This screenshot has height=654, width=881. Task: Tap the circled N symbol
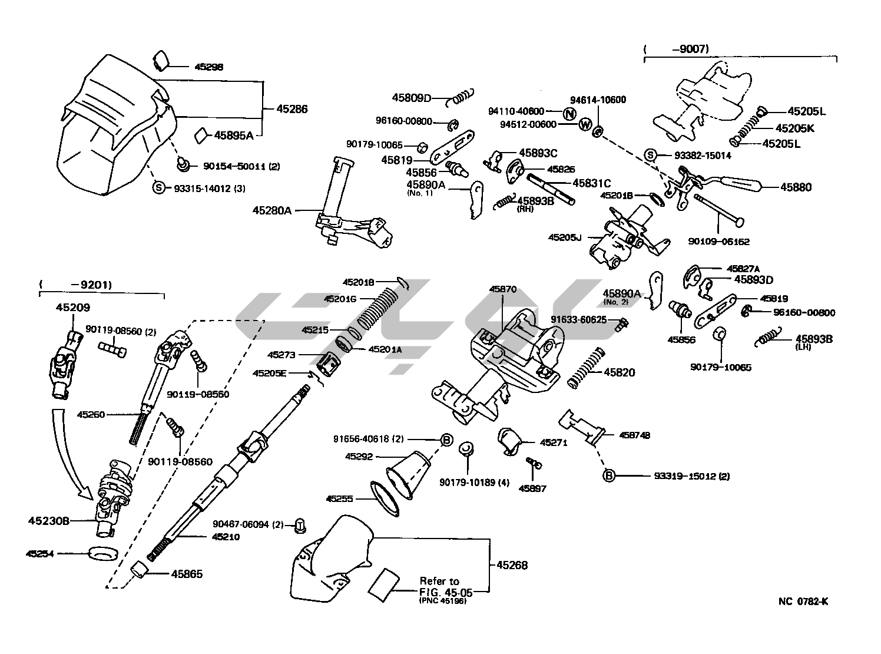coord(568,114)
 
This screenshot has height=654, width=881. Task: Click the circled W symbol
coord(584,124)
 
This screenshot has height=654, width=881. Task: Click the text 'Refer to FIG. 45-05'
coord(439,586)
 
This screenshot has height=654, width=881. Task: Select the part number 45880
coord(796,187)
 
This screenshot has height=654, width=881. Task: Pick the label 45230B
coord(49,521)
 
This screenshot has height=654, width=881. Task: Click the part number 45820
coord(619,372)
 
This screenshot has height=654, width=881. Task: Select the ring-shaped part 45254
coord(103,554)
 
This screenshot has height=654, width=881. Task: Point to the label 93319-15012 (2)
coord(691,476)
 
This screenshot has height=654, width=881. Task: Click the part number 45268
coord(511,565)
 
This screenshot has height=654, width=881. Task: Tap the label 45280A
coord(272,210)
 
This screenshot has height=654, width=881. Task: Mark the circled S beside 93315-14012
coord(158,188)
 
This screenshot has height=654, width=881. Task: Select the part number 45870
coord(502,289)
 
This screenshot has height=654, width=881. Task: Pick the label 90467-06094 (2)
coord(249,524)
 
